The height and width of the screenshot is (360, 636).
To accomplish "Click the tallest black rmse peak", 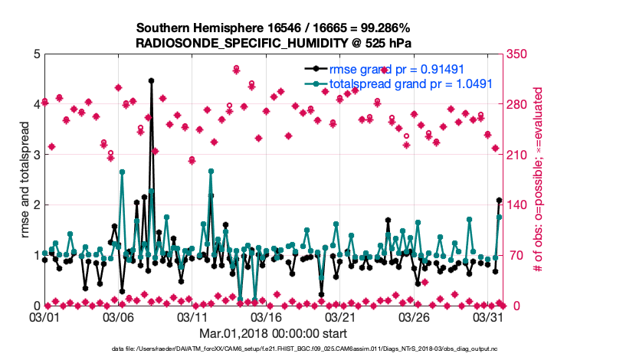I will pyautogui.click(x=151, y=80).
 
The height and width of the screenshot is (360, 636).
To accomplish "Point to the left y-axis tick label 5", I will pyautogui.click(x=36, y=54).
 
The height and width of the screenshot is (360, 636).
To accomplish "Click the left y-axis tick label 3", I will pyautogui.click(x=36, y=155).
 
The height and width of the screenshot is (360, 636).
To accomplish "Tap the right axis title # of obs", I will pyautogui.click(x=539, y=180).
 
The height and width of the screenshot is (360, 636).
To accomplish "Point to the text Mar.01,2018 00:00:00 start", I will pyautogui.click(x=274, y=333).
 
